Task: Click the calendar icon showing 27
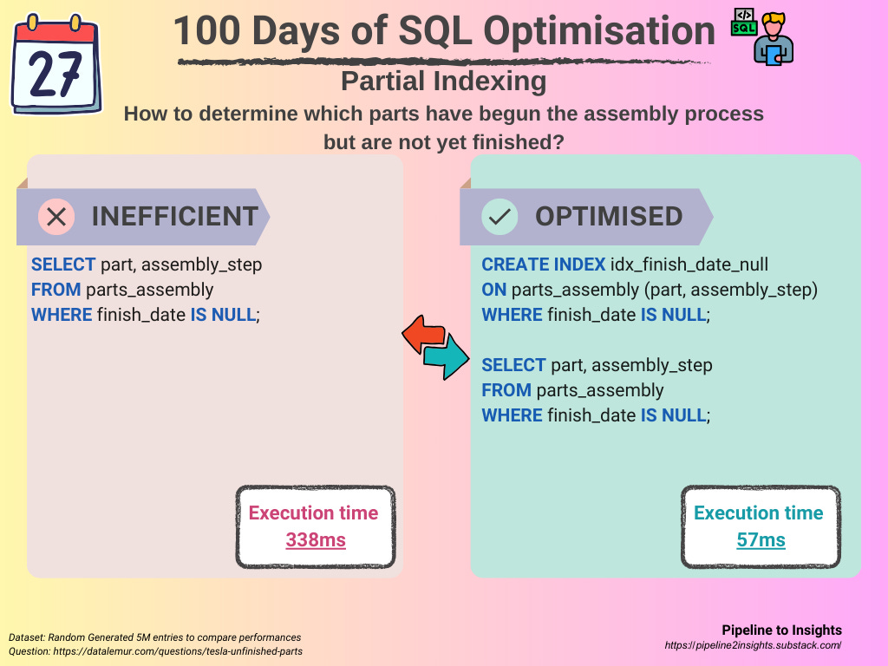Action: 56,64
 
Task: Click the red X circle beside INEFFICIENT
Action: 56,216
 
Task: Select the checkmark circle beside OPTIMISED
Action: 499,216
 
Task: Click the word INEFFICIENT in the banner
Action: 175,216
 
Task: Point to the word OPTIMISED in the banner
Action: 609,216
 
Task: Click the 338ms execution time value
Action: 316,539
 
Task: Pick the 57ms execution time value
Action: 761,539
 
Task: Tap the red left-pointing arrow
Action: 423,334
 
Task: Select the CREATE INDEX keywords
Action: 544,264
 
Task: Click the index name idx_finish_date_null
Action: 689,264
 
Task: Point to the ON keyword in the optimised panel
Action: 493,290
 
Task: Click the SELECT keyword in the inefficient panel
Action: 63,264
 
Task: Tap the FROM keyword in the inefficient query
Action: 56,290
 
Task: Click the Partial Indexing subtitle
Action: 444,81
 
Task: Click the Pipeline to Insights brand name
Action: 781,630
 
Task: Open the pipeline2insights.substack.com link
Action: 754,645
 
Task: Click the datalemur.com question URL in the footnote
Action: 178,651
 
